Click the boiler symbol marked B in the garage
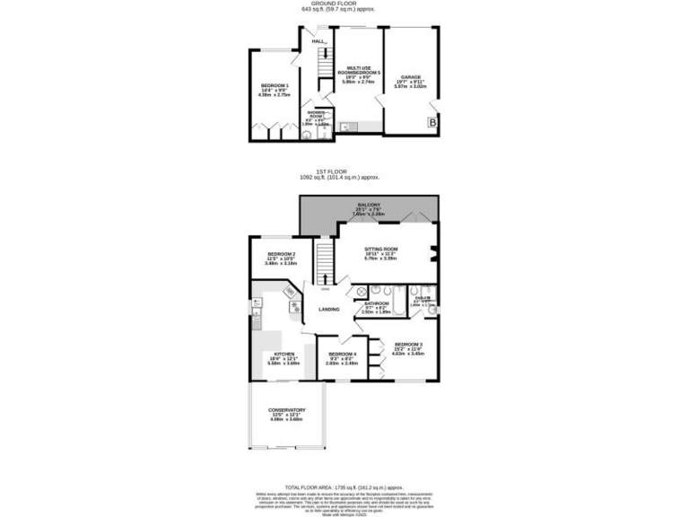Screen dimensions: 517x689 point(432,123)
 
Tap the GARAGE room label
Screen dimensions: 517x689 point(411,77)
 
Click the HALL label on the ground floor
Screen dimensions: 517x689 point(318,41)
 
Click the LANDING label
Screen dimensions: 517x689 point(329,310)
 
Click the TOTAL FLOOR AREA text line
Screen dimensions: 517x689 point(344,485)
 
